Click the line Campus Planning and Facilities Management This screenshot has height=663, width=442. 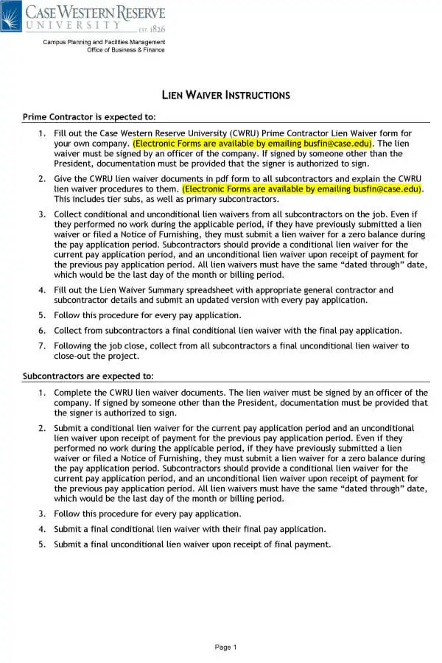104,43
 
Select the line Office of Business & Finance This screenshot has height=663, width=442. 126,50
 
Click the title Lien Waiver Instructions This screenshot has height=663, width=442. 225,95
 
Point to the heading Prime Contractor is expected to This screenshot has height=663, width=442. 89,117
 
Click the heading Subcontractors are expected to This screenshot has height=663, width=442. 88,376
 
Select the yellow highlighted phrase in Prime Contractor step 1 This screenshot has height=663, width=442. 253,143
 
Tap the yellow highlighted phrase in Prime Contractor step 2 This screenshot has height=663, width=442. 302,189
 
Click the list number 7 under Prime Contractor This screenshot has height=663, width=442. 42,345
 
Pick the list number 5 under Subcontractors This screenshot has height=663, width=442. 42,544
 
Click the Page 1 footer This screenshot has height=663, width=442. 225,648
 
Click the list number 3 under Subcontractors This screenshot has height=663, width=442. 42,513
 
